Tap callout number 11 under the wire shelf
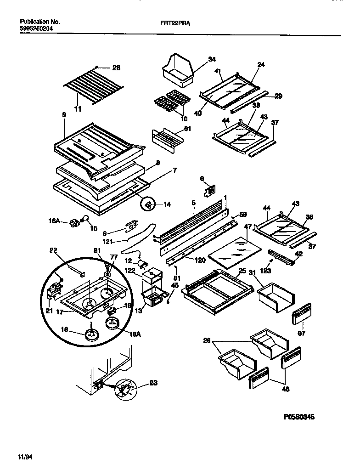click(x=78, y=109)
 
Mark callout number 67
click(x=302, y=333)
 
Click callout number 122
click(x=130, y=271)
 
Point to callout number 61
click(x=187, y=128)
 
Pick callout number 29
click(x=278, y=96)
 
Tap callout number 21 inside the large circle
click(x=49, y=310)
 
